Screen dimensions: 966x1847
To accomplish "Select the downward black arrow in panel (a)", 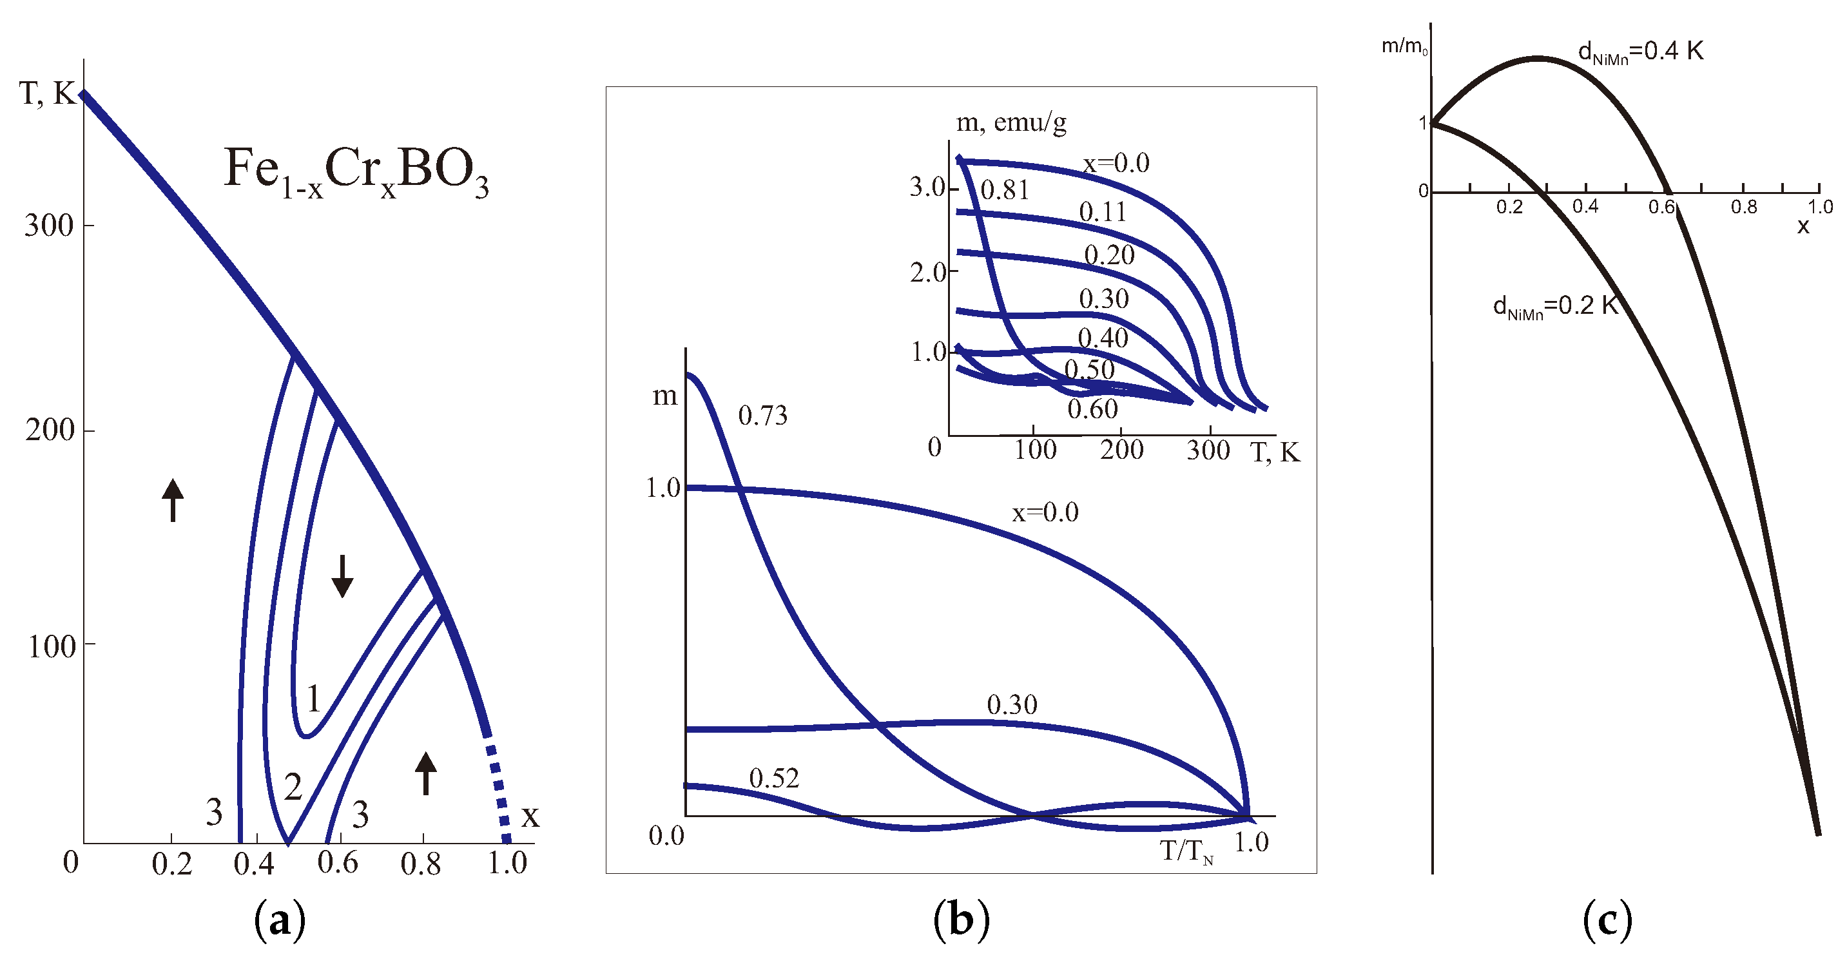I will click(x=342, y=576).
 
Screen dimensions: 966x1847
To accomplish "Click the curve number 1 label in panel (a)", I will click(x=313, y=699).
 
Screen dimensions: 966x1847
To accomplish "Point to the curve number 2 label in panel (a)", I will click(x=293, y=787).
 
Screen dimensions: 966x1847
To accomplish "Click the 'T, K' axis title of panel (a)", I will click(x=47, y=93).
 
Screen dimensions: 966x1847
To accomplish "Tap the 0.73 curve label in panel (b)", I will click(x=763, y=415).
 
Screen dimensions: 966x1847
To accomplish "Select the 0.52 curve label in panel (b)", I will click(x=773, y=778).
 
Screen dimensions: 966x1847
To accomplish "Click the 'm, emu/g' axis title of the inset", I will click(x=1011, y=123).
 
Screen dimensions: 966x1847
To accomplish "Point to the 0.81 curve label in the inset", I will click(x=1005, y=190).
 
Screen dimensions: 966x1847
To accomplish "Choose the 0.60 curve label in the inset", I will click(x=1092, y=409).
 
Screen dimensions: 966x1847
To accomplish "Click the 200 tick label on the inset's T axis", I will click(x=1121, y=450).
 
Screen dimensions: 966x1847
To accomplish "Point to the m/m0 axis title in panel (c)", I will click(x=1404, y=47).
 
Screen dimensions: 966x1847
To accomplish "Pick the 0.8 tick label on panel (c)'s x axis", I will click(x=1744, y=208).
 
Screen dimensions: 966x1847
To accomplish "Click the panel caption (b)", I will click(x=961, y=920).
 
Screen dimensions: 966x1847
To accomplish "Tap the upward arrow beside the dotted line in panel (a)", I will click(x=426, y=773).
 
